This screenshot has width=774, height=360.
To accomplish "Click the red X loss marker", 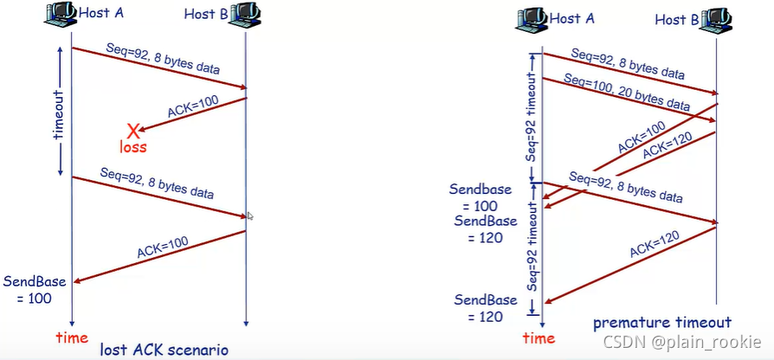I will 133,131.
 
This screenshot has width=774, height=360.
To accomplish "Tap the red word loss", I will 133,147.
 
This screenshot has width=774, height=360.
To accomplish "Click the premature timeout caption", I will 662,323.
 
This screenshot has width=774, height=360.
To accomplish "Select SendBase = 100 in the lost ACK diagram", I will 28,290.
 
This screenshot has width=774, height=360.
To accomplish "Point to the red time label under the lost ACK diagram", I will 72,337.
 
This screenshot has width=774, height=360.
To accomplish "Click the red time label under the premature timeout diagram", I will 539,337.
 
